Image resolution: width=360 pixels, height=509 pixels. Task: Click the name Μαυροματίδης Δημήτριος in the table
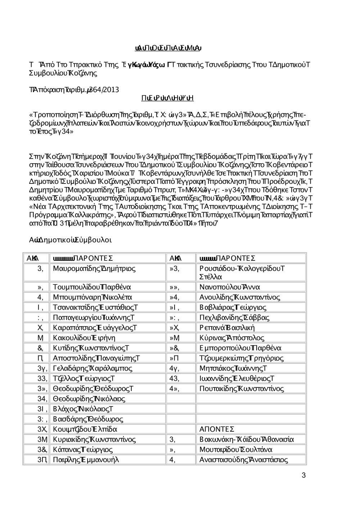[x=94, y=268]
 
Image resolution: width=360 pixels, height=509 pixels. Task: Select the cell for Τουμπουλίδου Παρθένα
[x=92, y=287]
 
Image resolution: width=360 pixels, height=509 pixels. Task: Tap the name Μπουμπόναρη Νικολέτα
[x=93, y=297]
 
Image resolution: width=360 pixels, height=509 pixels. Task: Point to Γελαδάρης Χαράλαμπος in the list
[x=93, y=368]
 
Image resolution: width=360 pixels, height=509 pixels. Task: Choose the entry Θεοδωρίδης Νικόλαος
[x=89, y=399]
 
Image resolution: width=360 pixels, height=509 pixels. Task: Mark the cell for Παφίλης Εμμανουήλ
[x=86, y=460]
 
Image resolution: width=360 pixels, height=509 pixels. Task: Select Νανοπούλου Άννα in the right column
[x=230, y=287]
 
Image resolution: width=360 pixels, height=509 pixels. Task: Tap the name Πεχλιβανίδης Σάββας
[x=234, y=318]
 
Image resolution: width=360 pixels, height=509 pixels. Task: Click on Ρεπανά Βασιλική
[x=227, y=328]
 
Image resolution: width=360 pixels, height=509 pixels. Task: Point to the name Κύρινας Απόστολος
[x=232, y=338]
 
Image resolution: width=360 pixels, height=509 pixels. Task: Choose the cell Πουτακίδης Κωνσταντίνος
[x=242, y=388]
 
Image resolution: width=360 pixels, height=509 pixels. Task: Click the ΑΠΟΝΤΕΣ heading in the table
[x=217, y=429]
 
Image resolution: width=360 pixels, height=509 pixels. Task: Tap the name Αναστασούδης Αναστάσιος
[x=244, y=460]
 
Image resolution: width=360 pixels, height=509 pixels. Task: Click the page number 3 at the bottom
[x=303, y=476]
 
